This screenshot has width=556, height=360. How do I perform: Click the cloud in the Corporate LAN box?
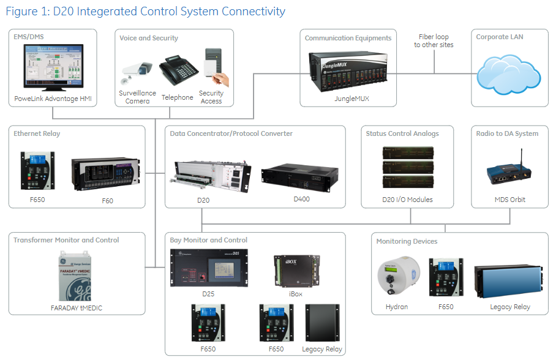pos(508,74)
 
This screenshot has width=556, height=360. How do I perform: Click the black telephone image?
pos(177,73)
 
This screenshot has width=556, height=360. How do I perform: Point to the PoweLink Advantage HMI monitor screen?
pos(53,67)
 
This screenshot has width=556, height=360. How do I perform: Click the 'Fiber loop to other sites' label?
pos(434,40)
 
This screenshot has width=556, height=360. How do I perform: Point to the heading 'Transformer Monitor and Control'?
pos(66,240)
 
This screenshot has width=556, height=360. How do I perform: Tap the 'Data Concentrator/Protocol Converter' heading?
pos(231,133)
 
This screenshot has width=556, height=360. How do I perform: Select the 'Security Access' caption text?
pos(211,97)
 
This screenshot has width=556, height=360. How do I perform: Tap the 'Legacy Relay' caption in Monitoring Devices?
pos(510,307)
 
